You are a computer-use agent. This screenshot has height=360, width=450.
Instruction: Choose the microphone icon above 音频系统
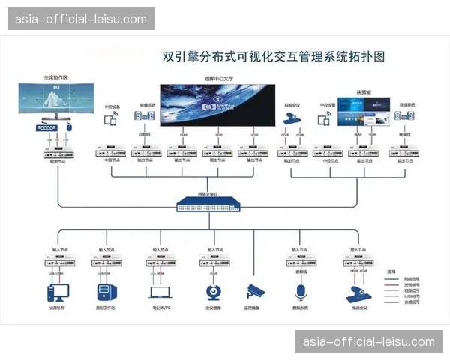pos(301,291)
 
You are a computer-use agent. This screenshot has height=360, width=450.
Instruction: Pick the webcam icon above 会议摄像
pos(211,291)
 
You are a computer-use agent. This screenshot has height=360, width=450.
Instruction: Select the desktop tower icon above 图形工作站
pos(106,290)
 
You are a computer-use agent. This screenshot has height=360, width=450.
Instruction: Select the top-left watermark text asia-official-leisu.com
pos(81,19)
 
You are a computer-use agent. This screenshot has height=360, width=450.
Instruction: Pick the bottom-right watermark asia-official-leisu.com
pos(369,342)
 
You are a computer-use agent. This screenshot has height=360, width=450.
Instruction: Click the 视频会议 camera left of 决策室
pos(292,118)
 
